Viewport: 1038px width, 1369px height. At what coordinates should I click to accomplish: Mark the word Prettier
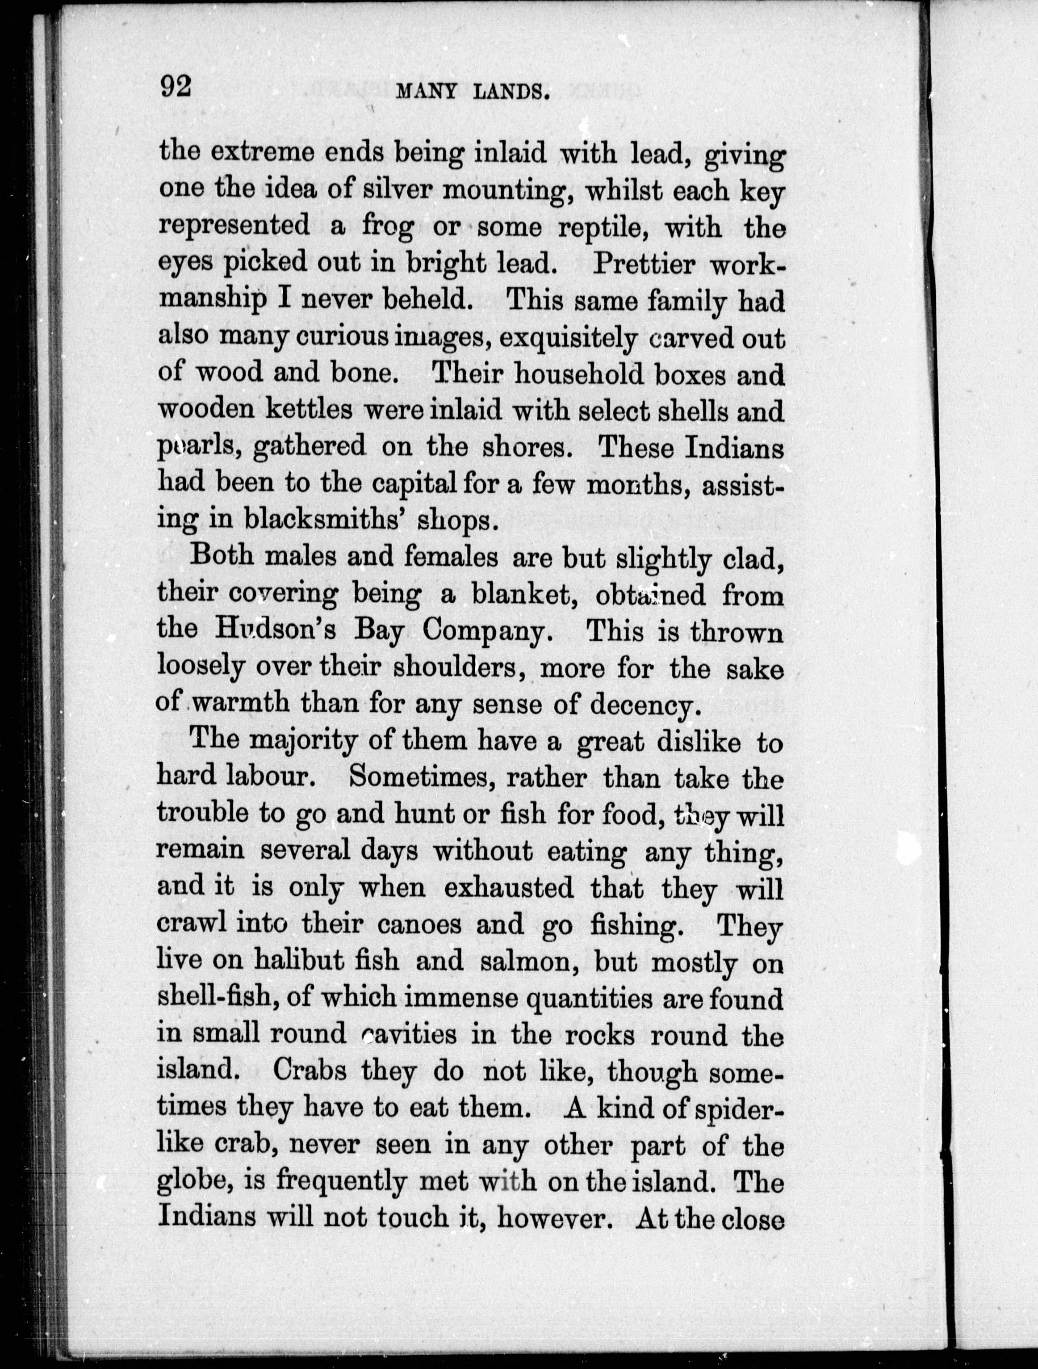[x=643, y=264]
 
